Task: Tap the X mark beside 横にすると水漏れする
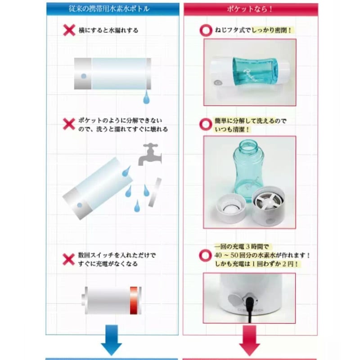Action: click(x=69, y=30)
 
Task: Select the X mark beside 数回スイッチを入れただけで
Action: click(x=69, y=259)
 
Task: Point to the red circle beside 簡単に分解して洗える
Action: click(x=206, y=125)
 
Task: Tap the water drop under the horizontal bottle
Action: click(x=146, y=97)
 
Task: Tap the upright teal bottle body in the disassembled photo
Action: click(x=248, y=171)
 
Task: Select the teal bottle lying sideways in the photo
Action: click(x=250, y=72)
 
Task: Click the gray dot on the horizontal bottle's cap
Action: click(x=83, y=76)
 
